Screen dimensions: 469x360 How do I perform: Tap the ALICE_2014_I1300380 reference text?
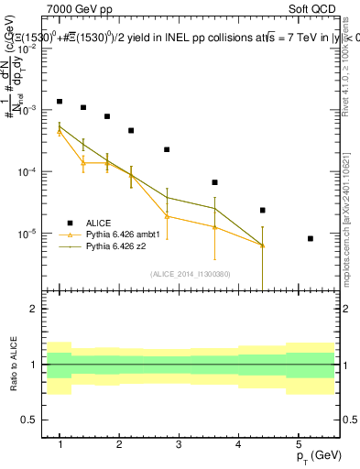pyautogui.click(x=190, y=273)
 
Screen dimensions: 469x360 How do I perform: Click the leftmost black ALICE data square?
pyautogui.click(x=60, y=102)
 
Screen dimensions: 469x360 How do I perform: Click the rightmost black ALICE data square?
pyautogui.click(x=311, y=238)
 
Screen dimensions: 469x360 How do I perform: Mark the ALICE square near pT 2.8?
pyautogui.click(x=167, y=149)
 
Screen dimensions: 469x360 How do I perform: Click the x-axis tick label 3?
pyautogui.click(x=179, y=444)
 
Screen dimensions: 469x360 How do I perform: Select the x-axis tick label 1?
pyautogui.click(x=60, y=444)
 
